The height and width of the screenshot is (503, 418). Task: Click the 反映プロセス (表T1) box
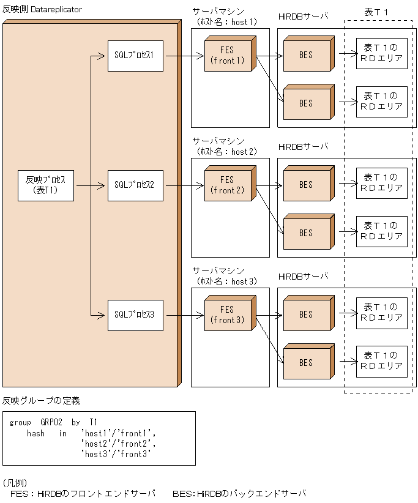pos(46,185)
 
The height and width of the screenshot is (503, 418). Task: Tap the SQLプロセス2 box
pos(135,185)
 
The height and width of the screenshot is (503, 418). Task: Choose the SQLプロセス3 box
pos(135,315)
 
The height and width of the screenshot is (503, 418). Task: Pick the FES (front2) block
pos(227,185)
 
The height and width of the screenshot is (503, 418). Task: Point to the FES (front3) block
pos(227,315)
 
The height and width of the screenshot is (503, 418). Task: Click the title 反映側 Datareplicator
pos(42,10)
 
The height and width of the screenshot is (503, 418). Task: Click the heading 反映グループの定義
pos(41,401)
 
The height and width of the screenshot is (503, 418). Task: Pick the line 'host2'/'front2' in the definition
pos(120,443)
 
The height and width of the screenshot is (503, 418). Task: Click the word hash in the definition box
pos(35,433)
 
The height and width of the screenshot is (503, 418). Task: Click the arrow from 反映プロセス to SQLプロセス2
pos(91,185)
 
